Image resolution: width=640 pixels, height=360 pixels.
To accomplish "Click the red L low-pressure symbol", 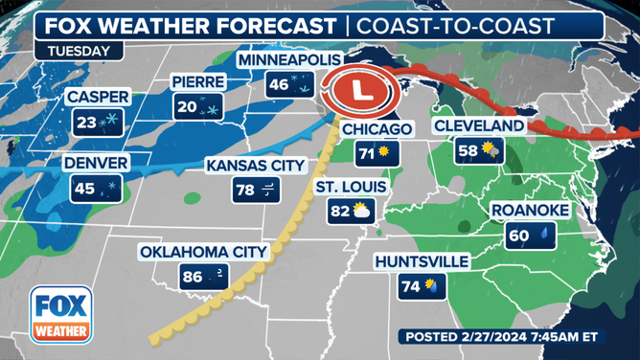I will tap(360, 93).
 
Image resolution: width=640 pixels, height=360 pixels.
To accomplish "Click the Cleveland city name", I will tap(479, 125).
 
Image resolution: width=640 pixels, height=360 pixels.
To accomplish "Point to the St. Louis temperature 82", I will tap(338, 211).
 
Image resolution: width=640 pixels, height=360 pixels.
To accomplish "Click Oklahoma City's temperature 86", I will tap(193, 278).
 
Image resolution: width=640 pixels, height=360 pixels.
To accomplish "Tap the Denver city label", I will tap(96, 164).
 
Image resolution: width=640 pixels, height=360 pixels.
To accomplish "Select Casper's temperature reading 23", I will tap(85, 122).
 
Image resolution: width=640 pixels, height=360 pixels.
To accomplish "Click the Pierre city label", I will tap(198, 82).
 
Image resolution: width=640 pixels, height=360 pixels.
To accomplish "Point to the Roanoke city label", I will tap(530, 210).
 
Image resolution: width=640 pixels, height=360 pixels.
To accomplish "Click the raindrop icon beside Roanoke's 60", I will tap(544, 235).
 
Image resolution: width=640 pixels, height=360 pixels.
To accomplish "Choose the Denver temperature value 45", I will tap(84, 189).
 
